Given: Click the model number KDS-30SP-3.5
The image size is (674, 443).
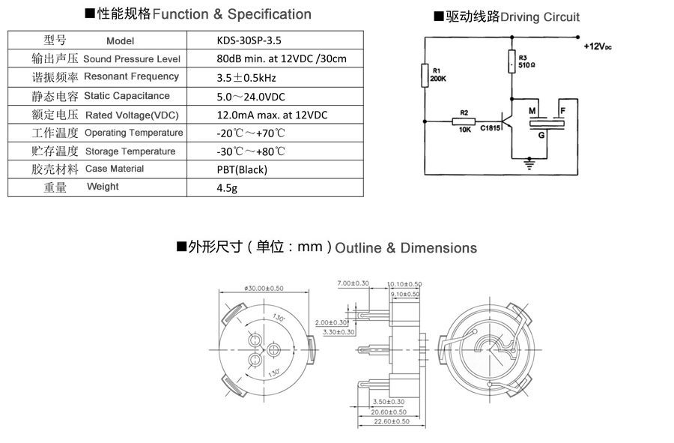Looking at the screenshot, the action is (249, 40).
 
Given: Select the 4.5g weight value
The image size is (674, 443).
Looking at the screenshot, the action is (227, 188).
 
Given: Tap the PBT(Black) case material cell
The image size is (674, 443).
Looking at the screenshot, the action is (242, 169).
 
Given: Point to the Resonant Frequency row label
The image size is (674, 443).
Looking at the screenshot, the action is (131, 76).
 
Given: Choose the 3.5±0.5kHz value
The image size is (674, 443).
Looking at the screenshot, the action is (246, 78).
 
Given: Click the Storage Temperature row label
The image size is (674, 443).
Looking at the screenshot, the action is (130, 151).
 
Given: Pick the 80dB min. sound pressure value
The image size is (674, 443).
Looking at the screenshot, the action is (282, 58).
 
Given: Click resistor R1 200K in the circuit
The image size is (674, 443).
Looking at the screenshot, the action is (425, 75).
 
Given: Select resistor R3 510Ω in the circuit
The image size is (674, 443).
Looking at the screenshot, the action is (511, 61).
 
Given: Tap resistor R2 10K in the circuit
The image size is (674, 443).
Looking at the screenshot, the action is (464, 121).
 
